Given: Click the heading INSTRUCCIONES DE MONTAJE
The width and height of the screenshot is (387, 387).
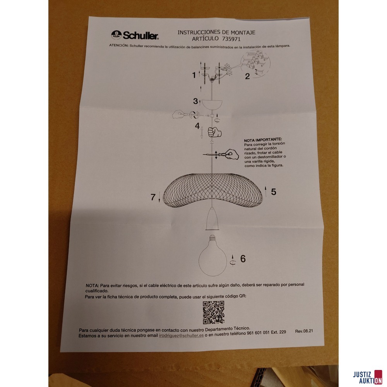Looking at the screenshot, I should coord(216,33).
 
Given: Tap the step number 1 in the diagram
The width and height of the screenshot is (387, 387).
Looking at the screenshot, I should coord(194,75).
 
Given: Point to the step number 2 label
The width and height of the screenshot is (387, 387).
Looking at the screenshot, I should coord(247,76).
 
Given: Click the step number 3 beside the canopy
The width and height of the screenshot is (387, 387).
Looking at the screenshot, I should coord(195,101).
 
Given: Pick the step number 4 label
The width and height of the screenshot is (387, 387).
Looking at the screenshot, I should coord(197,126).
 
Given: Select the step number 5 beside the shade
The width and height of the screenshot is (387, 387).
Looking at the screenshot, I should coord(273,192).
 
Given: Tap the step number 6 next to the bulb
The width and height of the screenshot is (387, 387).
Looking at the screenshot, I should coord(243,259).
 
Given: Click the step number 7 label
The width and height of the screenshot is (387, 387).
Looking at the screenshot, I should coord(153,197).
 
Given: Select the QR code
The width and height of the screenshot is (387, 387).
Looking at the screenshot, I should coord(213,312).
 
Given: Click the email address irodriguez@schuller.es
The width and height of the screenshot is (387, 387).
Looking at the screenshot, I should coord(181,335).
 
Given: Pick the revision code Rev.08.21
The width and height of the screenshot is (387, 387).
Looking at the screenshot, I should coord(304,331).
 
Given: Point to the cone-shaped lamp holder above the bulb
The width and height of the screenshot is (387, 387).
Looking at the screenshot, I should coord(212,219).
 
